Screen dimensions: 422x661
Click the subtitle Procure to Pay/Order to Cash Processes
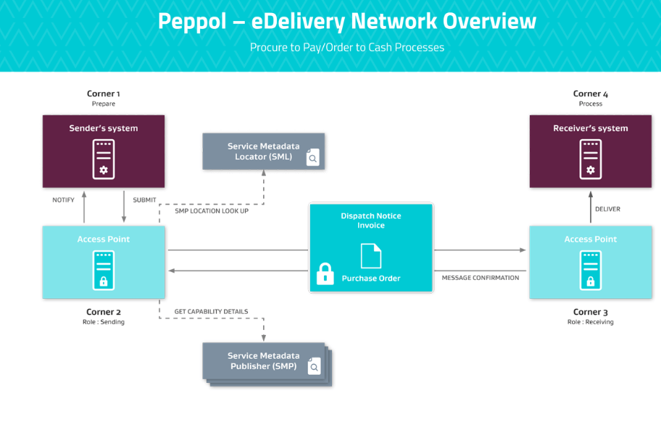pyautogui.click(x=346, y=47)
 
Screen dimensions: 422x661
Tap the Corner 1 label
pyautogui.click(x=104, y=94)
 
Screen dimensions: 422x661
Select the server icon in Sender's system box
pyautogui.click(x=104, y=160)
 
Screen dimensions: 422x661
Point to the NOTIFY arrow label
pyautogui.click(x=63, y=199)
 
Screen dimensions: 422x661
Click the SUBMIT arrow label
pyautogui.click(x=144, y=199)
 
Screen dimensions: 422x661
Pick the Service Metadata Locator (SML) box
pyautogui.click(x=263, y=151)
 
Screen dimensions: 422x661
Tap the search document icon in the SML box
pyautogui.click(x=312, y=157)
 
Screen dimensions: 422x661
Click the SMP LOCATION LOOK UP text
pyautogui.click(x=212, y=211)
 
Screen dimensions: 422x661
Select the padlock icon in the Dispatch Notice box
pyautogui.click(x=325, y=273)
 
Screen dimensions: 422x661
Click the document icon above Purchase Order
pyautogui.click(x=370, y=255)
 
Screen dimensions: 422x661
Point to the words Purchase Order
pyautogui.click(x=371, y=278)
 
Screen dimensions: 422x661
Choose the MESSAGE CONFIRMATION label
pyautogui.click(x=481, y=278)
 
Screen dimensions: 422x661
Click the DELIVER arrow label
pyautogui.click(x=607, y=209)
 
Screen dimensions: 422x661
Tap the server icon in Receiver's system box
pyautogui.click(x=590, y=160)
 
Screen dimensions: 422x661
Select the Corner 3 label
pyautogui.click(x=590, y=313)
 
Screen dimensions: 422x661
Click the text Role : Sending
pyautogui.click(x=103, y=322)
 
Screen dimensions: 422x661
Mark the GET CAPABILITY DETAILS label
pyautogui.click(x=211, y=312)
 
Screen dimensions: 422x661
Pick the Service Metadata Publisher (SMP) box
pyautogui.click(x=263, y=361)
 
